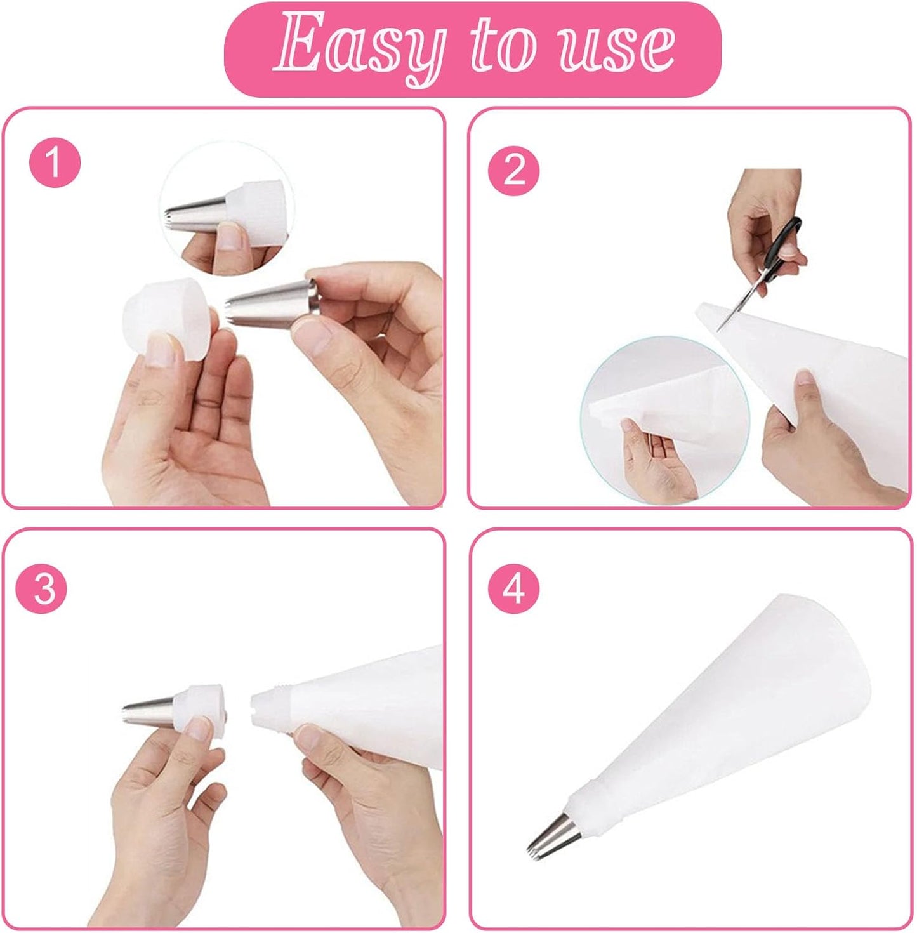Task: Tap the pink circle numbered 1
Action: click(x=55, y=162)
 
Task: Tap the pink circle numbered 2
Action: click(x=513, y=171)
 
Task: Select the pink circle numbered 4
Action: click(x=513, y=588)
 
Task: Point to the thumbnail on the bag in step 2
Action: click(x=805, y=379)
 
